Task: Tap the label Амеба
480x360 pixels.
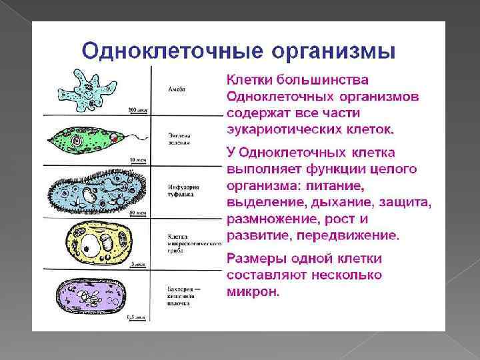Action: pos(177,89)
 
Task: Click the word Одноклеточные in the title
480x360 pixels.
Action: pos(164,51)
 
